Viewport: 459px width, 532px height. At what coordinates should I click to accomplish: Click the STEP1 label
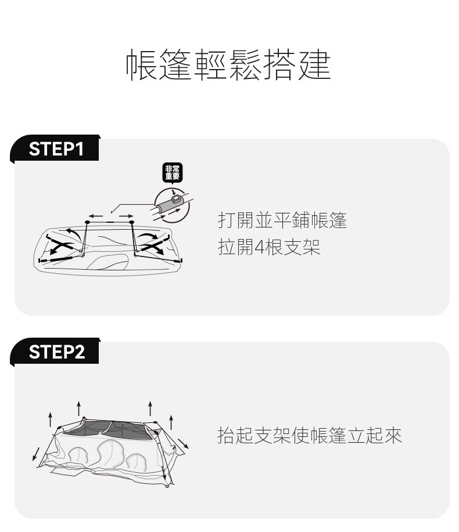[56, 149]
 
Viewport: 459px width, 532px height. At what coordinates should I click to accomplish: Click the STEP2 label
[56, 352]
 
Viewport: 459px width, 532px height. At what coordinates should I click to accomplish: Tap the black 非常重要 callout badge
[172, 172]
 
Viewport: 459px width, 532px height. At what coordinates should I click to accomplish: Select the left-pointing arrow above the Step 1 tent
[96, 216]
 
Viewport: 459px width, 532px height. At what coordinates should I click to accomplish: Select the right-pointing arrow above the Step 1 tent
[126, 216]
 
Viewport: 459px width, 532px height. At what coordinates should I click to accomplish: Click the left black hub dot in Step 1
[87, 222]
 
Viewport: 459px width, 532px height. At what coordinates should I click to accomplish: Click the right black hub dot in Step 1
[131, 222]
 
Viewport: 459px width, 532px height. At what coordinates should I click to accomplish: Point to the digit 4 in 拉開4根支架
[259, 247]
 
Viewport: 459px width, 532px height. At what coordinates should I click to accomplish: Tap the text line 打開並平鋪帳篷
[282, 220]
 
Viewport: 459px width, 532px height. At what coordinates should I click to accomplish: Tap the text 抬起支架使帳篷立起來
[310, 436]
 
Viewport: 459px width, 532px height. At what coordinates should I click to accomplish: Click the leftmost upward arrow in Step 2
[51, 419]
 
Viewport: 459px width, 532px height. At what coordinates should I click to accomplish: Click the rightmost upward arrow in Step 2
[171, 422]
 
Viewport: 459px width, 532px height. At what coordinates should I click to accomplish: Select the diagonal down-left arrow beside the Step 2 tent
[36, 454]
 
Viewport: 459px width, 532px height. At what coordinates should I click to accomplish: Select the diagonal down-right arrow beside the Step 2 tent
[183, 443]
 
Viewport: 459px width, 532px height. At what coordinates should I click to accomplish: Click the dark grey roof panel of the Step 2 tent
[109, 429]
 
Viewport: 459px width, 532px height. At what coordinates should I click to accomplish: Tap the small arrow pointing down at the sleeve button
[174, 191]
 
